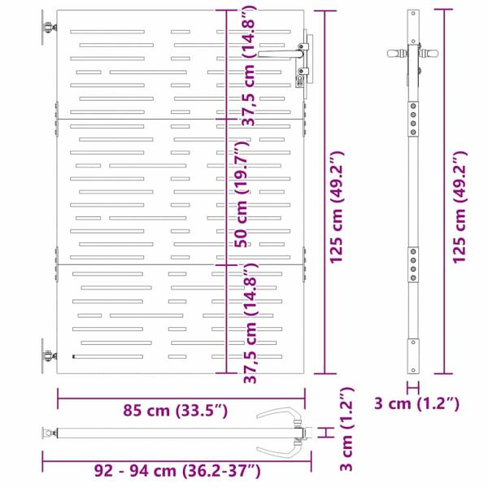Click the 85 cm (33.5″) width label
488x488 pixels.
(175, 411)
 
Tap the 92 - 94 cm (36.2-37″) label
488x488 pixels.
(177, 471)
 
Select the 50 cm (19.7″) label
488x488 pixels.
(242, 194)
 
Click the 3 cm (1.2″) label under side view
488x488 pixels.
(416, 403)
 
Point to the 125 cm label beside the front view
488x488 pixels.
(337, 207)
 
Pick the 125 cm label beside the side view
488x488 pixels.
(460, 207)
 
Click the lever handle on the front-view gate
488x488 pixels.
(281, 54)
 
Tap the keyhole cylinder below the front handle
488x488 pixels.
(299, 81)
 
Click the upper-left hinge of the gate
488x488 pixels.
(49, 28)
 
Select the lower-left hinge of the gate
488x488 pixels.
(49, 355)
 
